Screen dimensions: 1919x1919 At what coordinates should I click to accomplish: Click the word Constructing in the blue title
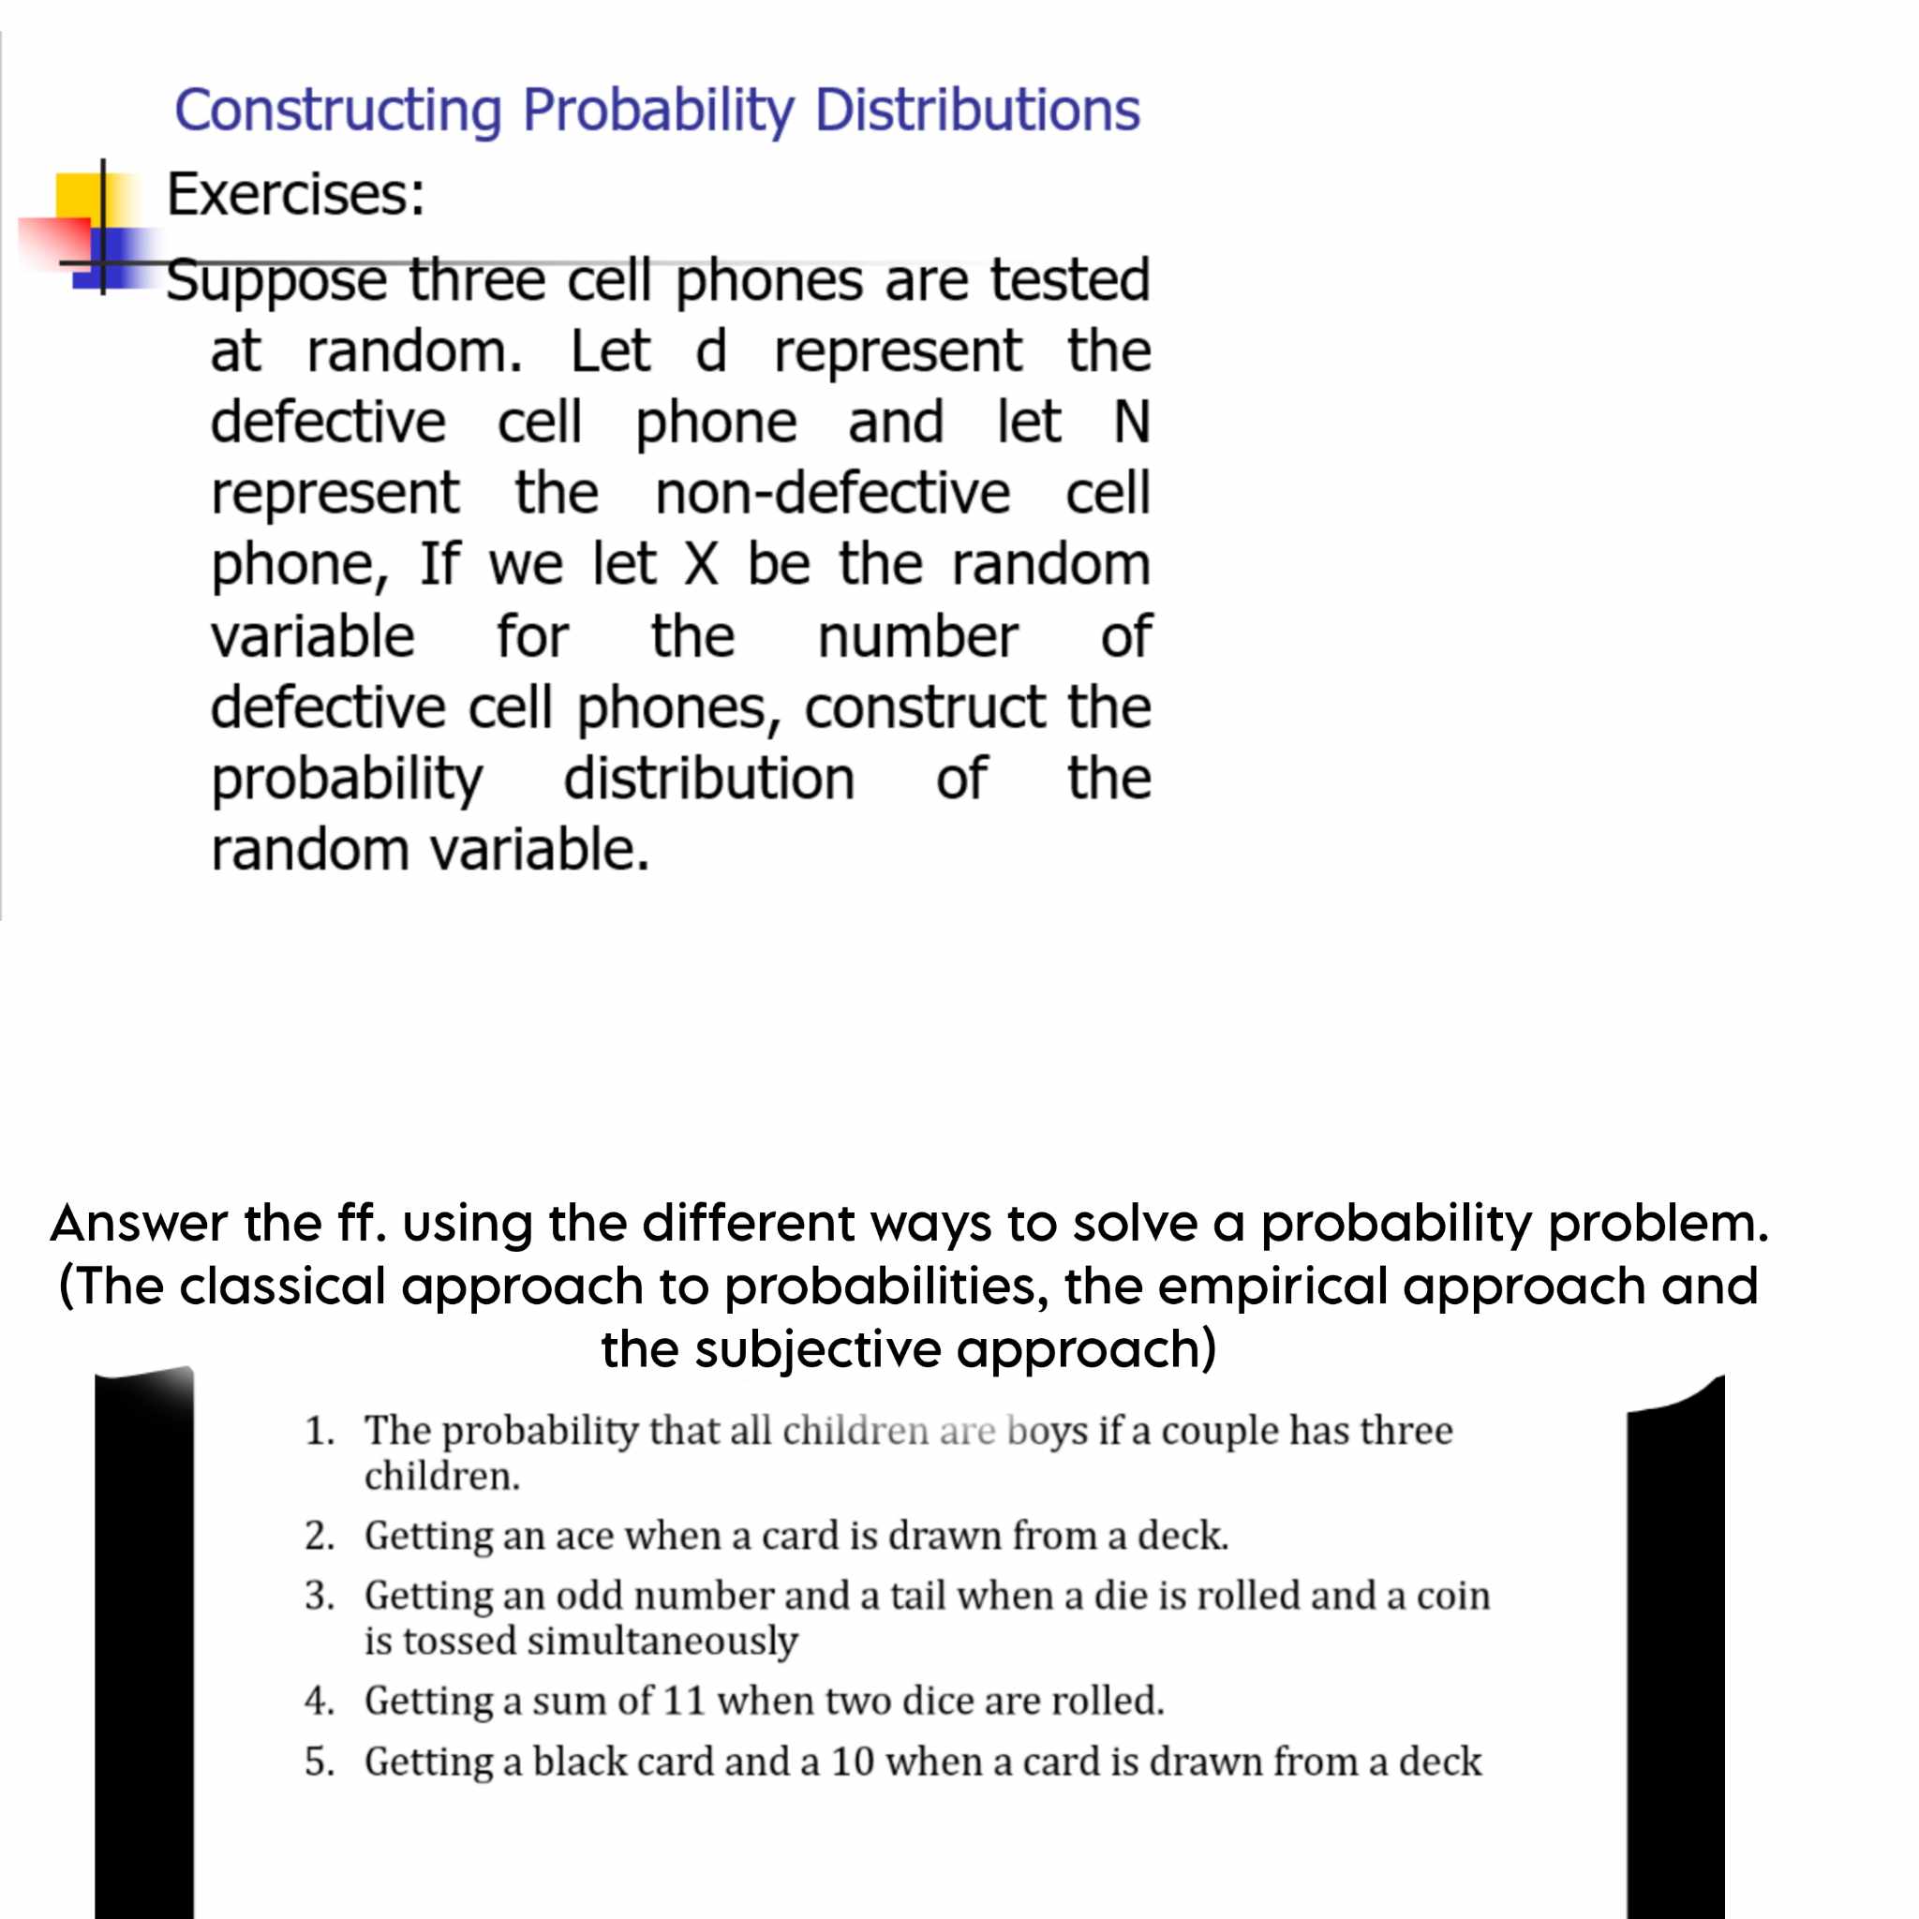coord(337,111)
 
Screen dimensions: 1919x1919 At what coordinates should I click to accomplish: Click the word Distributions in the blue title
coord(976,111)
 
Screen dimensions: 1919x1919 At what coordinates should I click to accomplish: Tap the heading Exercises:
coord(295,194)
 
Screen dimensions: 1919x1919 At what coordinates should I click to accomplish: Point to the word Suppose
coord(276,281)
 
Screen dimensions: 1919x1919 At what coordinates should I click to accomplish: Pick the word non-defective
coord(832,493)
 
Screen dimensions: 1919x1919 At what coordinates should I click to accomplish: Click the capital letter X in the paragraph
coord(700,564)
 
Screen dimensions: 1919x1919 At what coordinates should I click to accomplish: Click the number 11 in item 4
coord(683,1701)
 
